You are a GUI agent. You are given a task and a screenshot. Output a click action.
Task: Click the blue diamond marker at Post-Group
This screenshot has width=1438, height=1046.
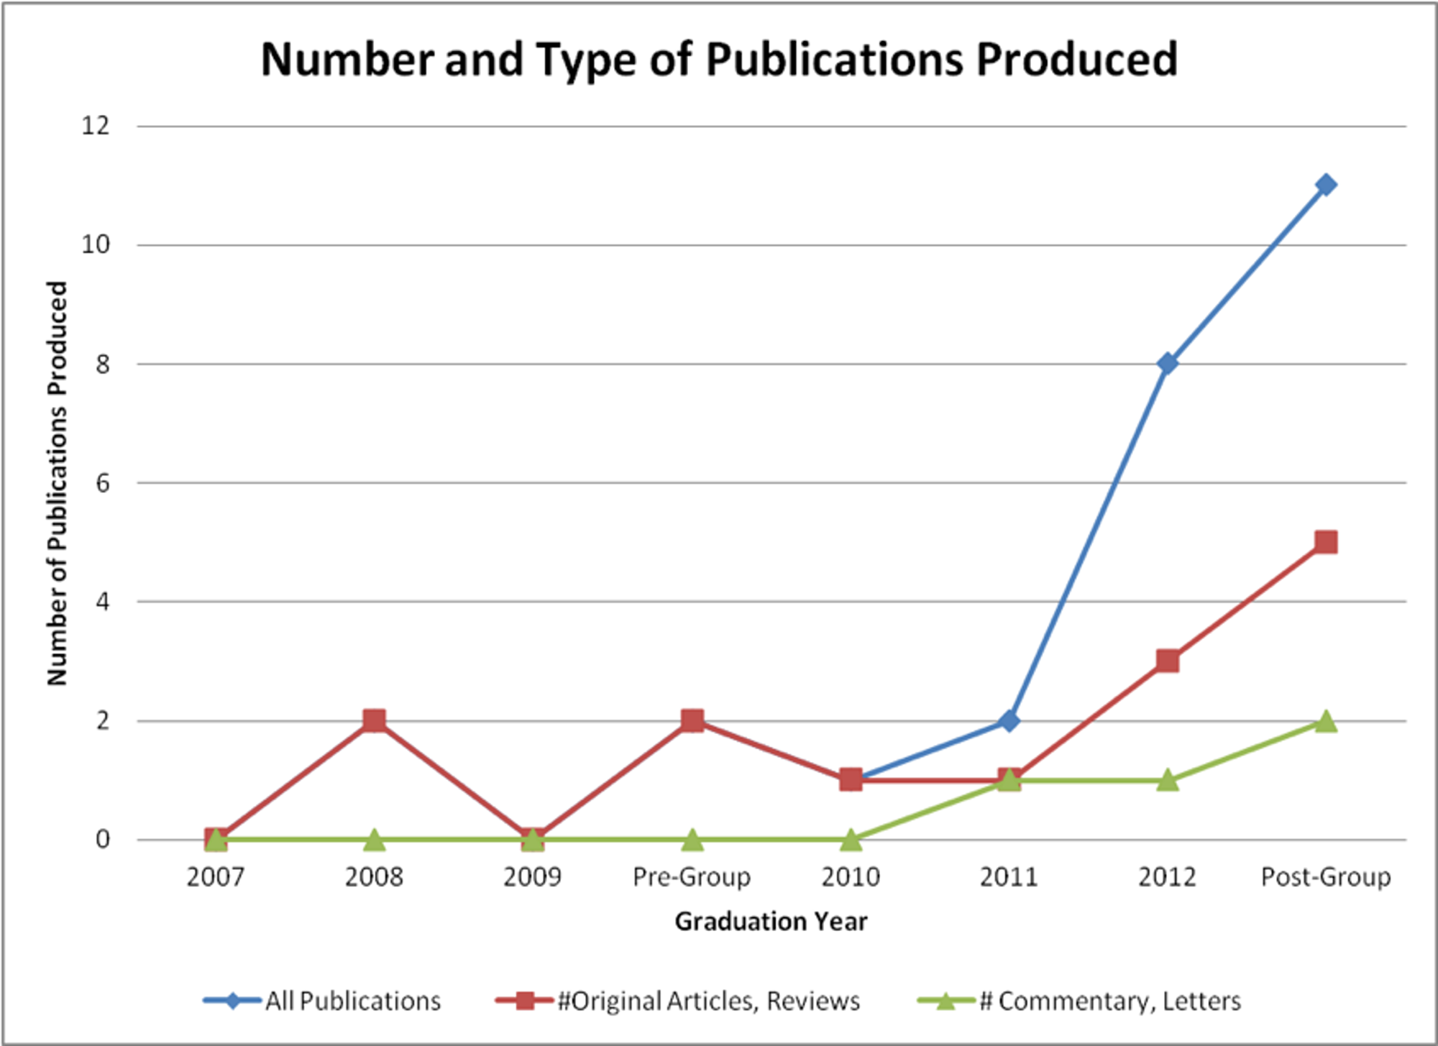pyautogui.click(x=1326, y=185)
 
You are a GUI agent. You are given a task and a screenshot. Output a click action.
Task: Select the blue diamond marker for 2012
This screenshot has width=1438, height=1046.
pyautogui.click(x=1168, y=364)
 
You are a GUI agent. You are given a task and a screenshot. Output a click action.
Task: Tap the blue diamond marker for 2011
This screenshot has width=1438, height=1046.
pyautogui.click(x=1009, y=720)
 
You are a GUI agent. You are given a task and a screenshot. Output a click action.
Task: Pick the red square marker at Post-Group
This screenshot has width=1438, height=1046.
pyautogui.click(x=1326, y=542)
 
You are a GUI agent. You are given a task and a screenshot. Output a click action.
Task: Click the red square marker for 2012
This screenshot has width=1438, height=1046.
pyautogui.click(x=1168, y=661)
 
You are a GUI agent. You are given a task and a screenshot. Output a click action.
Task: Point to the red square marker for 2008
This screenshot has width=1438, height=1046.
pyautogui.click(x=374, y=720)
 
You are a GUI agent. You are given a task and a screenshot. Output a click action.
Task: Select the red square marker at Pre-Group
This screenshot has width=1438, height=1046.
pyautogui.click(x=692, y=720)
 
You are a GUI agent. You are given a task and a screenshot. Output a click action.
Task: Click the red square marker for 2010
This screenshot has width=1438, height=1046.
pyautogui.click(x=851, y=780)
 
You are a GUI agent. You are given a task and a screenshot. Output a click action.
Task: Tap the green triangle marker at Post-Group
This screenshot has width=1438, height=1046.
pyautogui.click(x=1326, y=722)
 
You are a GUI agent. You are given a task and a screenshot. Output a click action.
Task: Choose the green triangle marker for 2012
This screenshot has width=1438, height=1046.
pyautogui.click(x=1168, y=781)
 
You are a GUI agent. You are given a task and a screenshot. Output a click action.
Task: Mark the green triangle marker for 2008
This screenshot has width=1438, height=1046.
pyautogui.click(x=374, y=839)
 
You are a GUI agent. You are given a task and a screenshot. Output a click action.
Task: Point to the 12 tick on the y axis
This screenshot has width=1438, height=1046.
pyautogui.click(x=96, y=126)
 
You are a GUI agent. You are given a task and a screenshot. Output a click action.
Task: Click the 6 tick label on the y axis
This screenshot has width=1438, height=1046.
pyautogui.click(x=103, y=483)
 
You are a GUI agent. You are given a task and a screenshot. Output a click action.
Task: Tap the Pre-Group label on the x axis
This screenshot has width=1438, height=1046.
pyautogui.click(x=692, y=877)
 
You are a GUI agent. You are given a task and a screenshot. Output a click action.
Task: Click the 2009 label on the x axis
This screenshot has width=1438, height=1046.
pyautogui.click(x=532, y=877)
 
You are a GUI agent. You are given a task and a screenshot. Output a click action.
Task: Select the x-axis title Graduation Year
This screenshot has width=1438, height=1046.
pyautogui.click(x=771, y=921)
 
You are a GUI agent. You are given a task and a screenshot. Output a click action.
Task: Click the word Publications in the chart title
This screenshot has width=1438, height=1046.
pyautogui.click(x=834, y=59)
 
